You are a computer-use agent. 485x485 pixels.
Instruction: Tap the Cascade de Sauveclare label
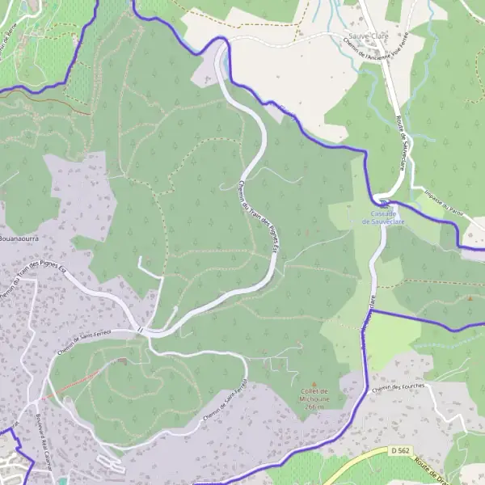click(384, 217)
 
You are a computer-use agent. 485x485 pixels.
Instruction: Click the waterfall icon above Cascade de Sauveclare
click(384, 202)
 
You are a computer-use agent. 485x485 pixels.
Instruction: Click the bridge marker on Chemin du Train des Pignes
click(140, 330)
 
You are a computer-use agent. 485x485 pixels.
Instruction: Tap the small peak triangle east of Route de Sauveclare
click(469, 297)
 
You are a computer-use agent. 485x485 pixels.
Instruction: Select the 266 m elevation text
click(314, 407)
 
